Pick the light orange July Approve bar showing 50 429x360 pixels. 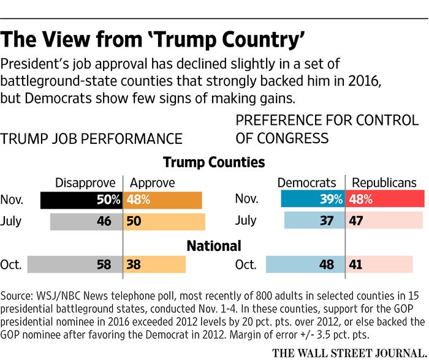[164, 221]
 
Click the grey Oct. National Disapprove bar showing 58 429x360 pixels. [75, 264]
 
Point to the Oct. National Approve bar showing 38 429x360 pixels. [154, 264]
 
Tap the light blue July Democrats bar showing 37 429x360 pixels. [315, 221]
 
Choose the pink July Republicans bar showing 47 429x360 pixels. [384, 221]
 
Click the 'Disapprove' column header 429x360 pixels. [85, 182]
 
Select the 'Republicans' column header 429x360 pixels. [384, 182]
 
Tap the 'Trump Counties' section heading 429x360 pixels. [214, 162]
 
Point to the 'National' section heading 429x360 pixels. [214, 246]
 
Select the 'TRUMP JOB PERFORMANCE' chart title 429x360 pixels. [92, 138]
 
